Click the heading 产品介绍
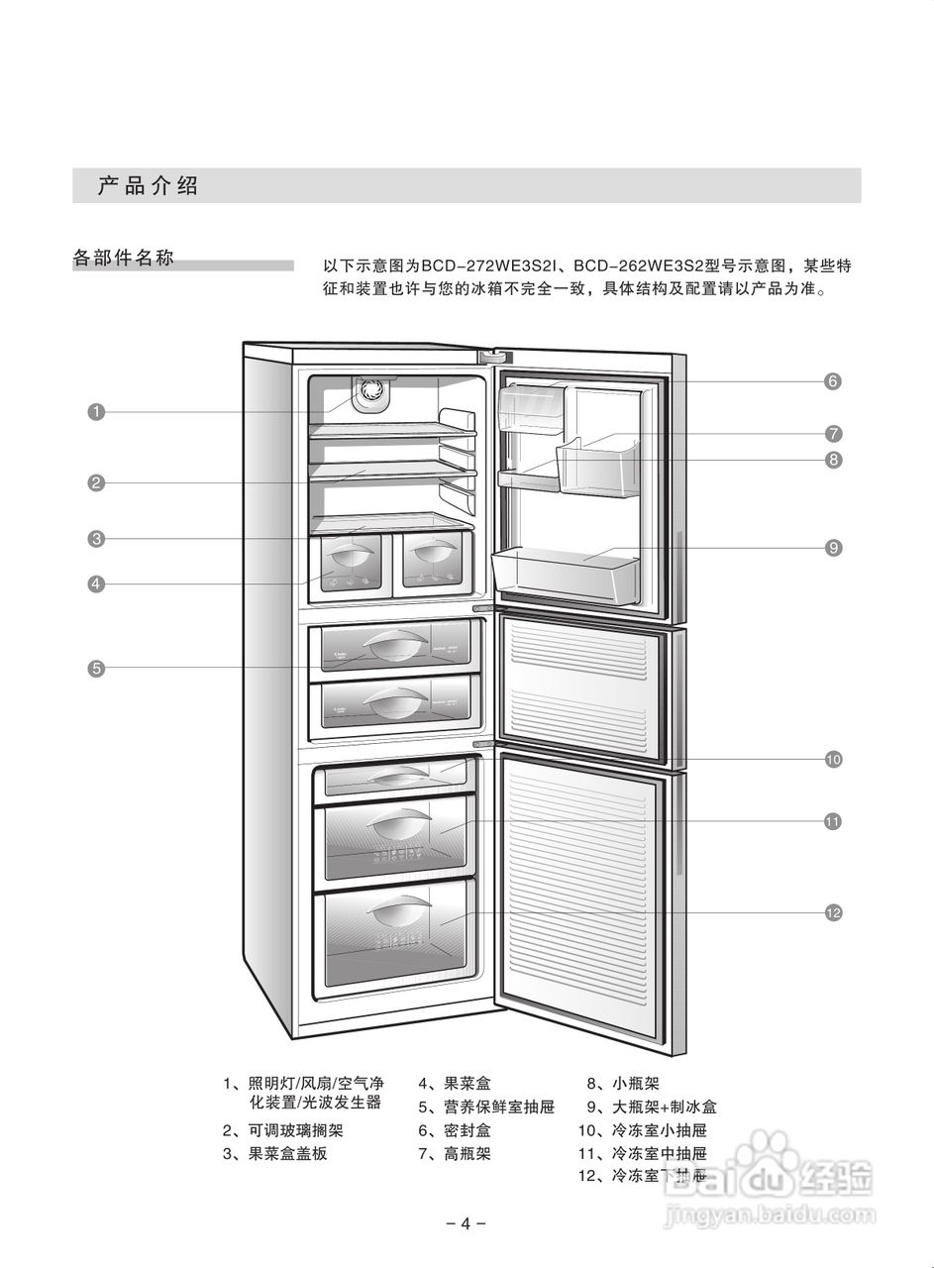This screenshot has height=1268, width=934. [148, 185]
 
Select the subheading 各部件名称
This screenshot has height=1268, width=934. [124, 259]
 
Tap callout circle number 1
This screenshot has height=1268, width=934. [96, 411]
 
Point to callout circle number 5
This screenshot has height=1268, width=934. [96, 668]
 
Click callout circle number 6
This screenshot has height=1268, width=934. [833, 380]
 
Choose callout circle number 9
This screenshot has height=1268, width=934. [833, 547]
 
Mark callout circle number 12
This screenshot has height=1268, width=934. [833, 912]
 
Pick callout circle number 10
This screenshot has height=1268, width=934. [833, 759]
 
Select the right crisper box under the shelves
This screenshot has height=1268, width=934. [433, 563]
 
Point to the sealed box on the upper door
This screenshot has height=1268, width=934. [534, 405]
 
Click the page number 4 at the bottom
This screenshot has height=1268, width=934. [466, 1222]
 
